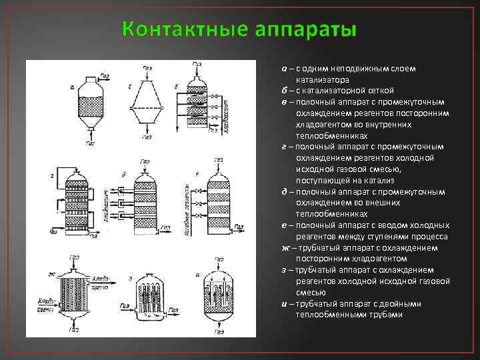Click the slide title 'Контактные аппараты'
tap(240, 29)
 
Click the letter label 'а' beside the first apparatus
tap(72, 87)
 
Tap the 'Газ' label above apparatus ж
tap(74, 257)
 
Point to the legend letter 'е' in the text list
tap(284, 225)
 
